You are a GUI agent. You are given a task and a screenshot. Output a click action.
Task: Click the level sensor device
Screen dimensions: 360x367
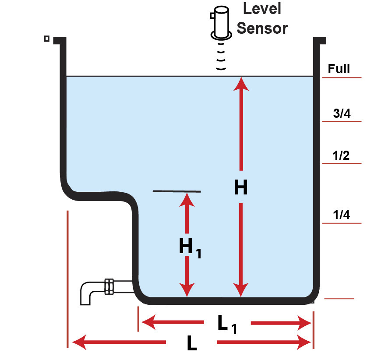(x=222, y=23)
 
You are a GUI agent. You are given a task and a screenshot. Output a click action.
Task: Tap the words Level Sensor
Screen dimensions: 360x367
(x=262, y=18)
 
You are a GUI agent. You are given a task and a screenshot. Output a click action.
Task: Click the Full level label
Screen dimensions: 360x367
(x=339, y=69)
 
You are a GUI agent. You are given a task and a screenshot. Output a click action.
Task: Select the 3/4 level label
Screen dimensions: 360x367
(x=341, y=114)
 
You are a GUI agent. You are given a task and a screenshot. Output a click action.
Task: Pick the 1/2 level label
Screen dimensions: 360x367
(x=341, y=155)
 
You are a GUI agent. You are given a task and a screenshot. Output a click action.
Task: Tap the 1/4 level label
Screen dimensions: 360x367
(x=341, y=215)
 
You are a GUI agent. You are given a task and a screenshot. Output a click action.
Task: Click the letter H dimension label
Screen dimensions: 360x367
(x=240, y=188)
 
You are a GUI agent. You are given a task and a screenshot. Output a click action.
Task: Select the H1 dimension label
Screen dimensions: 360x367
(x=189, y=248)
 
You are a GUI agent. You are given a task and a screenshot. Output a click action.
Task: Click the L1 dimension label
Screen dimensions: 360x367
(x=227, y=324)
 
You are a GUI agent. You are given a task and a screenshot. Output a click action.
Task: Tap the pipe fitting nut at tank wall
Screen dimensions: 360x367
(x=109, y=287)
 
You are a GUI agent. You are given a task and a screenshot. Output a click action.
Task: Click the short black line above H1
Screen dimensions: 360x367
(x=176, y=191)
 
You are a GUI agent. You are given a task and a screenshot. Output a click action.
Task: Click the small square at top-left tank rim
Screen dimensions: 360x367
(x=46, y=39)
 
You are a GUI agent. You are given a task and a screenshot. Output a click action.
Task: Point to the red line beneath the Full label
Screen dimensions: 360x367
(x=341, y=78)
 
